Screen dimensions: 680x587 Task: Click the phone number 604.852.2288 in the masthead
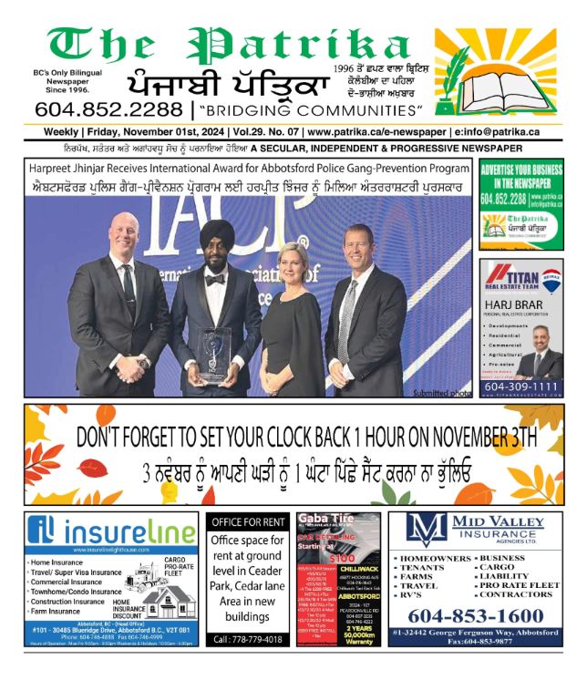[108, 109]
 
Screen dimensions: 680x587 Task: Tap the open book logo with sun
[493, 83]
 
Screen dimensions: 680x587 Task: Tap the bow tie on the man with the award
[214, 280]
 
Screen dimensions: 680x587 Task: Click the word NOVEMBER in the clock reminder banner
[455, 438]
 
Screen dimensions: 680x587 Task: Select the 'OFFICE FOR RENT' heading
[248, 523]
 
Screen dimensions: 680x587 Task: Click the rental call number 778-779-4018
[248, 640]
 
